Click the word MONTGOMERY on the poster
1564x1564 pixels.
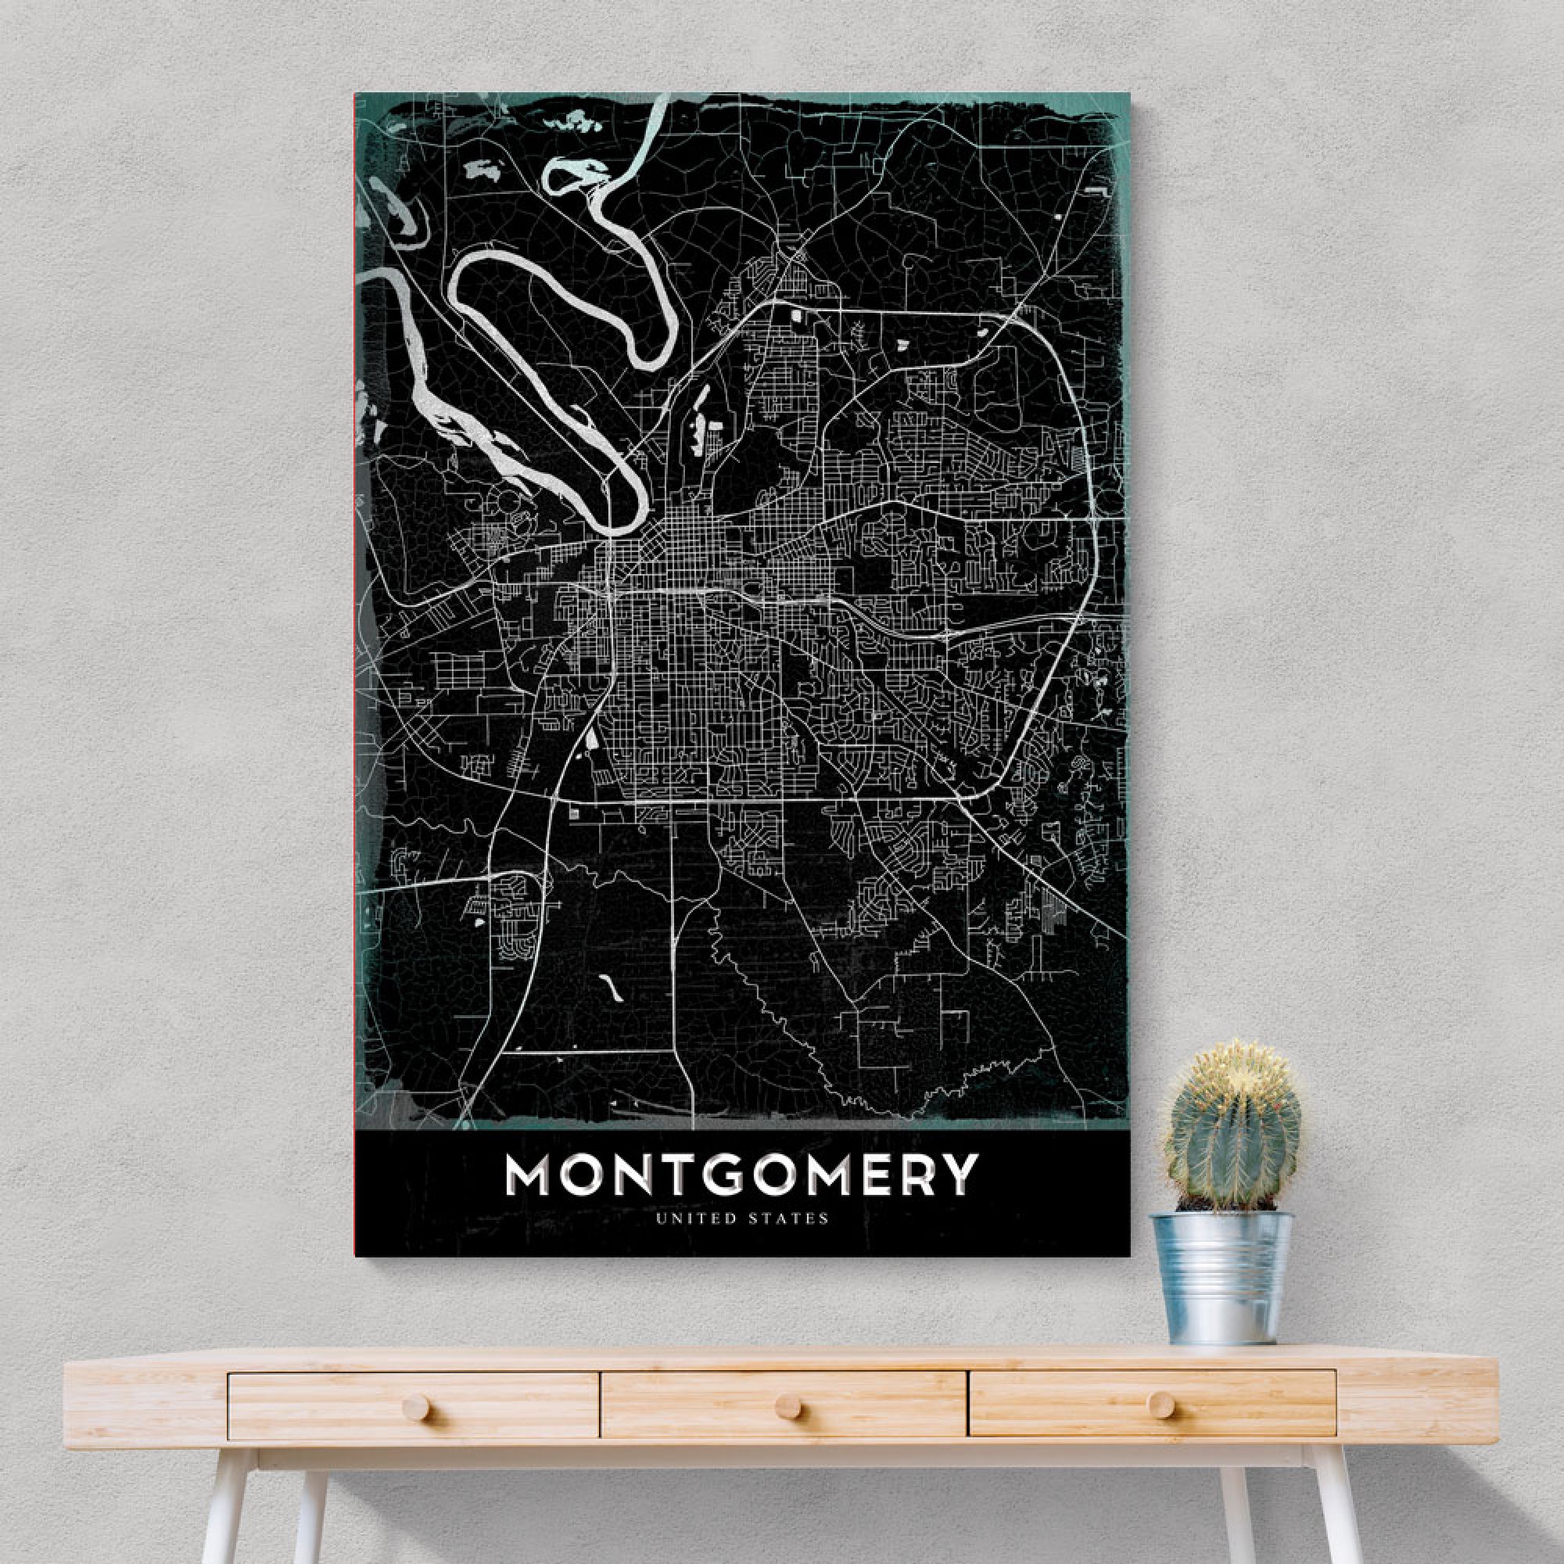pos(741,1175)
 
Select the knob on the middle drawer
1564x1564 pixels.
pos(787,1408)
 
